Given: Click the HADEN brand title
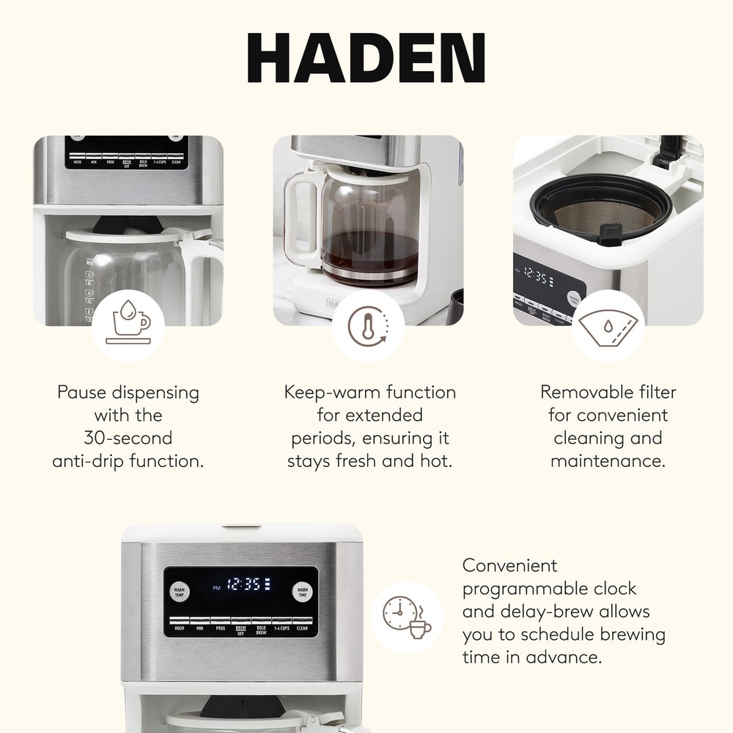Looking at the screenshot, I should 366,59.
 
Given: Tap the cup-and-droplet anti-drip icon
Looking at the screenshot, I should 128,325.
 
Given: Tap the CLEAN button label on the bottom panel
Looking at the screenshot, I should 302,629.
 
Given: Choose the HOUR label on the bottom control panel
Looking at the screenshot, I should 179,629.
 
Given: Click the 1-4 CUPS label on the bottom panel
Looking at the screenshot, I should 281,629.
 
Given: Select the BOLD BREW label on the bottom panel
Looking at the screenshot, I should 261,630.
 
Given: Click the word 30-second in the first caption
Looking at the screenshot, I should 128,438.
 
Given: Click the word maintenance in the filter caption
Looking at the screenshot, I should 608,461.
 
